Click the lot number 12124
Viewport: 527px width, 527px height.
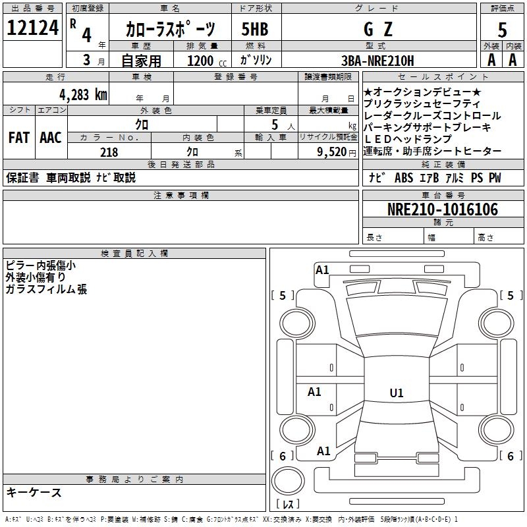tap(33, 28)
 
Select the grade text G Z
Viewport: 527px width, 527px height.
tap(379, 29)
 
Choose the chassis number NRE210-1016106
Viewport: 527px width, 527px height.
tap(442, 209)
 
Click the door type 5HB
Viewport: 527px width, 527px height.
tap(255, 29)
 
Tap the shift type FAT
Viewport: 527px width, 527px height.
tap(18, 138)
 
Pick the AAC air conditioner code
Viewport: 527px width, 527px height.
tap(51, 138)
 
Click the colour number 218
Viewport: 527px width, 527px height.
tap(109, 152)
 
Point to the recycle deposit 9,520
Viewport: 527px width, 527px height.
tap(332, 152)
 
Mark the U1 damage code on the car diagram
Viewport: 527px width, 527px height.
tap(397, 393)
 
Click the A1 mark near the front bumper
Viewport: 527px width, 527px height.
tap(322, 269)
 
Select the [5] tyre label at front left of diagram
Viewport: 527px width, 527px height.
tap(283, 296)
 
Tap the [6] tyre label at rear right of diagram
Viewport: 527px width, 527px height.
tap(509, 456)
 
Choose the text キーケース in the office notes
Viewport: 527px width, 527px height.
tap(34, 492)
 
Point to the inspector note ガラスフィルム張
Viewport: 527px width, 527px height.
tap(46, 289)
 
